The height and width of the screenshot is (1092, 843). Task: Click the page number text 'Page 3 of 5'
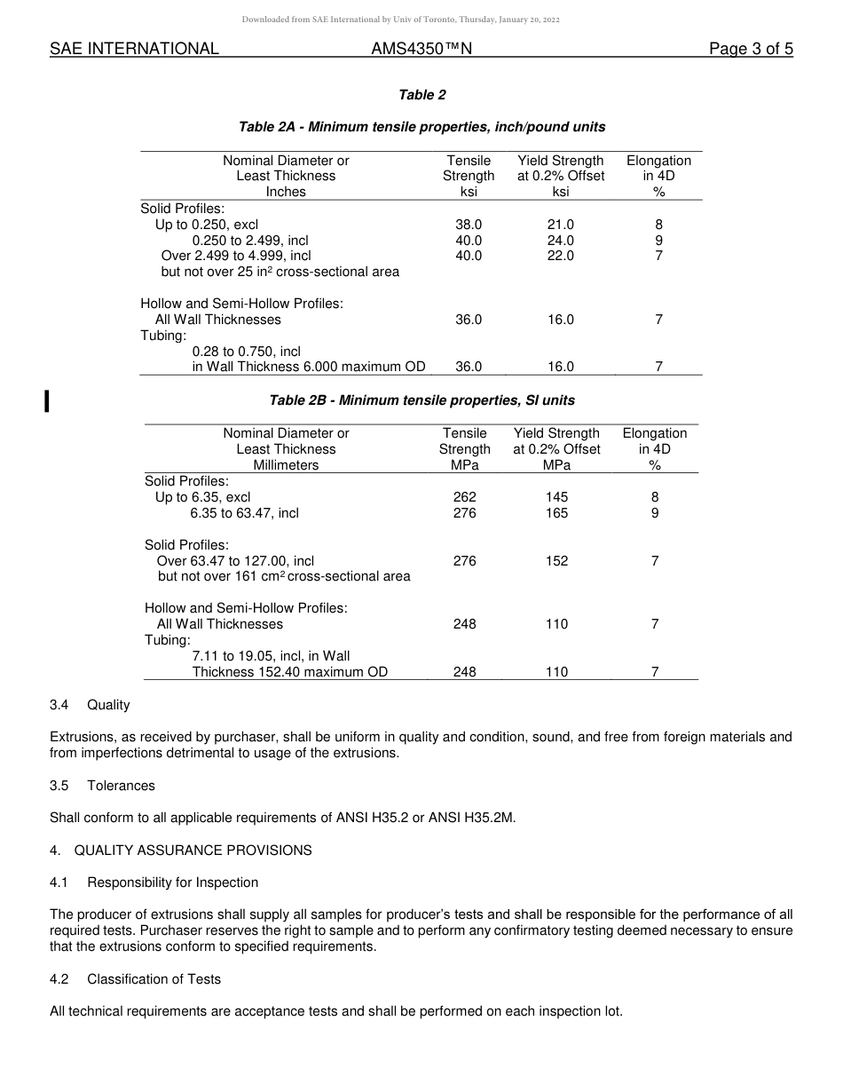click(751, 50)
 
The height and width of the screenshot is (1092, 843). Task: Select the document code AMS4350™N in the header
click(421, 50)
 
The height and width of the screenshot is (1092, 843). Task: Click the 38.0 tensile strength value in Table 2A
click(469, 225)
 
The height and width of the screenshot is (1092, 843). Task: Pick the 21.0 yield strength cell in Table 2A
click(561, 225)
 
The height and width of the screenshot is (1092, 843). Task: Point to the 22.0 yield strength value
click(561, 256)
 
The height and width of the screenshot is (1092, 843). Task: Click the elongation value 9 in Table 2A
click(658, 241)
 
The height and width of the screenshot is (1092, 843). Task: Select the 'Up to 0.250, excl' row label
click(207, 225)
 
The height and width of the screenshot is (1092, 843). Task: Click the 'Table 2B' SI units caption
click(421, 400)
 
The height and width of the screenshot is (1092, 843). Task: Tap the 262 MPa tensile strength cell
click(464, 497)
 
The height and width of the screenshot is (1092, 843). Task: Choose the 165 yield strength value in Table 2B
click(556, 513)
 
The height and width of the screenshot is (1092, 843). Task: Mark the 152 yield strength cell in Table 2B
click(556, 561)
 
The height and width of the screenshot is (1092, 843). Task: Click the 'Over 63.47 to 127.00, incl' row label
click(235, 561)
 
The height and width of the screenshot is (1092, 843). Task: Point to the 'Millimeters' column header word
click(286, 465)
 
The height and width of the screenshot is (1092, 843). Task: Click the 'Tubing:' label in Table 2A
click(163, 336)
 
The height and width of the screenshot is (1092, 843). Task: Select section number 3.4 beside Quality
click(59, 705)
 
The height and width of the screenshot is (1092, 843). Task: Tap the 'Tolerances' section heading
click(121, 786)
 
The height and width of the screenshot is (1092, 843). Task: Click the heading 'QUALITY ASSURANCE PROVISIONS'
click(193, 851)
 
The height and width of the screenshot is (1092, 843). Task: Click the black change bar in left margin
click(46, 400)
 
